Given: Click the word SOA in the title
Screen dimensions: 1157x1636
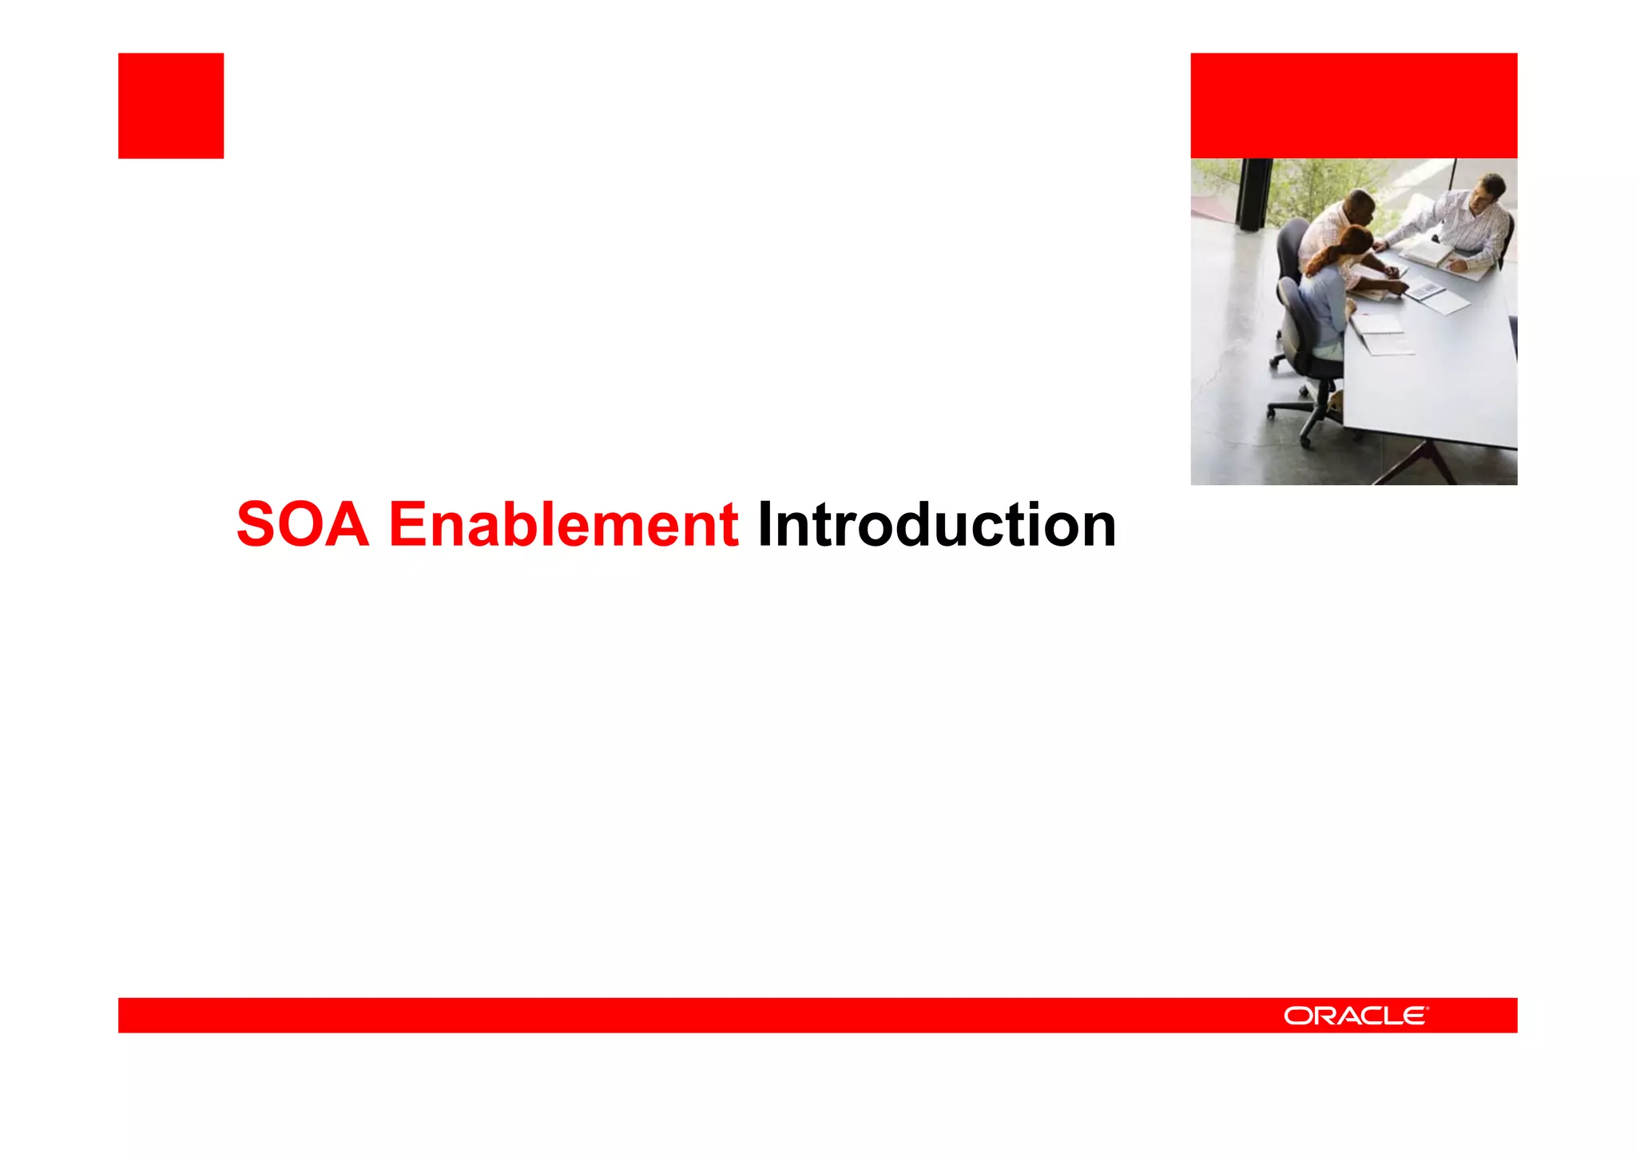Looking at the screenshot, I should coord(303,525).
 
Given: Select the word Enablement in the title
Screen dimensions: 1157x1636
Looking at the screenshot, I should coord(563,525).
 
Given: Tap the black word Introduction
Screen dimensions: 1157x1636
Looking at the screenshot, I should coord(936,525).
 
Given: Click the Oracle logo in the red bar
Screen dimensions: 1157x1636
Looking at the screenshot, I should coord(1356,1016).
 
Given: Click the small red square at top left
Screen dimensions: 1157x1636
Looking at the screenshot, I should coord(171,105).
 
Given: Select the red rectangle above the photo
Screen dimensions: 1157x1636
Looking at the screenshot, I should coord(1353,105).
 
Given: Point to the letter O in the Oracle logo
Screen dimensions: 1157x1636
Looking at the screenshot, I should coord(1296,1016).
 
